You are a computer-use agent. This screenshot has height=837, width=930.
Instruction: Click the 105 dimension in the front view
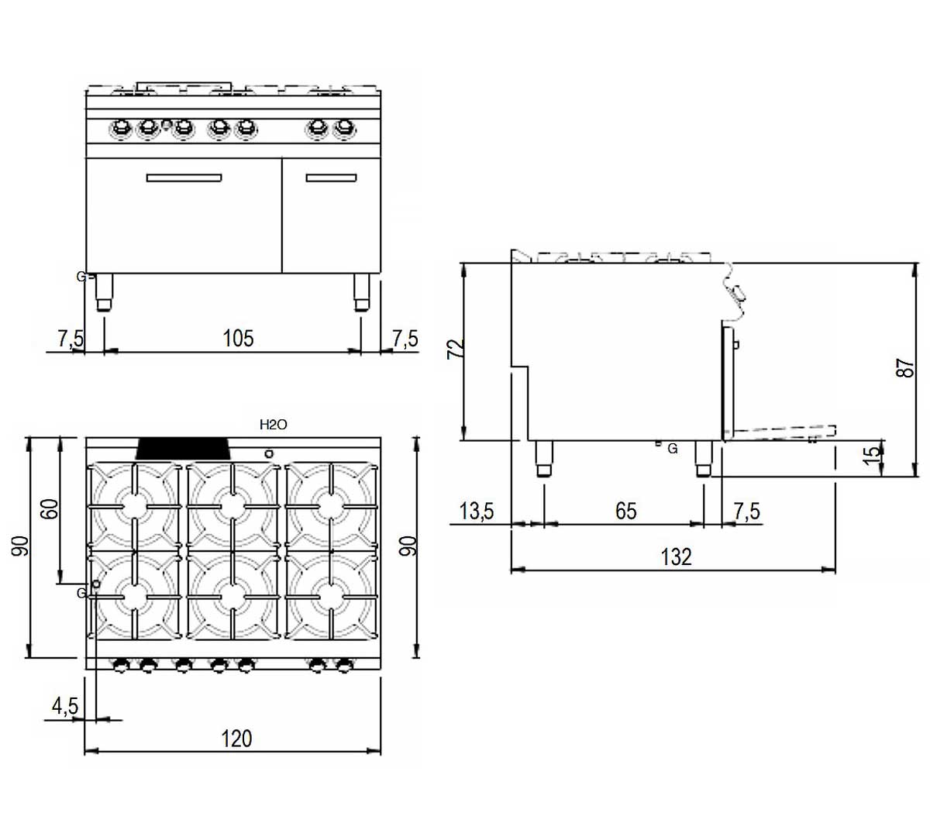pyautogui.click(x=238, y=338)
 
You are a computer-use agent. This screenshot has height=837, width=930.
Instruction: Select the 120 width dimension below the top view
pyautogui.click(x=236, y=739)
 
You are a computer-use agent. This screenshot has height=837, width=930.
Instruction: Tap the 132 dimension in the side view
pyautogui.click(x=676, y=556)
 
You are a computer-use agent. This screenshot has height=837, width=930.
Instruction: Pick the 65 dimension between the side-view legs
pyautogui.click(x=626, y=511)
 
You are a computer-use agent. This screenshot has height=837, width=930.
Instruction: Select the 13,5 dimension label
pyautogui.click(x=477, y=511)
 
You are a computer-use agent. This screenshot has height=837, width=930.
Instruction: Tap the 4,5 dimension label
pyautogui.click(x=65, y=706)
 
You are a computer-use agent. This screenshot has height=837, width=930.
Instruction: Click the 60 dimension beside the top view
pyautogui.click(x=50, y=508)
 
